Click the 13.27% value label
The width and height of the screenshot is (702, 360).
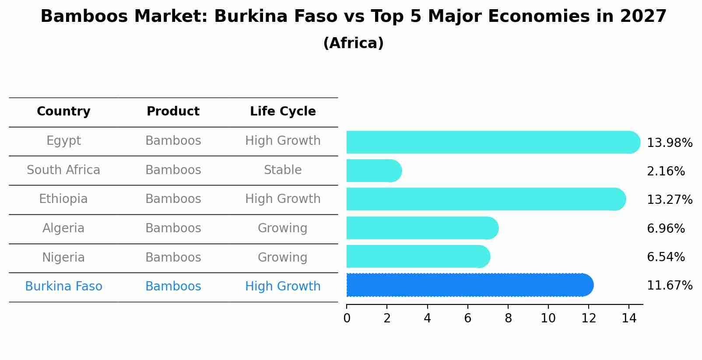point(669,200)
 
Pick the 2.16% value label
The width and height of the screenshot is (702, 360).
point(665,171)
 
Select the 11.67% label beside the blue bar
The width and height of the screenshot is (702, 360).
point(669,286)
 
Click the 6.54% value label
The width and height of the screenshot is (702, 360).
point(665,257)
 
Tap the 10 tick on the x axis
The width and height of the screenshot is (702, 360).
point(548,318)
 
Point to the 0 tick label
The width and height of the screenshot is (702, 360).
point(347,318)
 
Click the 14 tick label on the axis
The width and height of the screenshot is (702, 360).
point(629,318)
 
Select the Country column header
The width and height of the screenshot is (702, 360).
point(63,112)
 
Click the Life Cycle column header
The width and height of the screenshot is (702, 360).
point(283,112)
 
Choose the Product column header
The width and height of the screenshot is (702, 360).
point(173,112)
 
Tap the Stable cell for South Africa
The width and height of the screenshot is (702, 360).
point(283,170)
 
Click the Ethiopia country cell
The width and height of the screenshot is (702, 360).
point(63,199)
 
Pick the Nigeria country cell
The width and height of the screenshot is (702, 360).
point(63,258)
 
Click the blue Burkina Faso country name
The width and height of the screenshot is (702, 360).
point(63,287)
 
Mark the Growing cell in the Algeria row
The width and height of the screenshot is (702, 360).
point(283,228)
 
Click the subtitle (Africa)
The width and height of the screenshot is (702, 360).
point(353,43)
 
